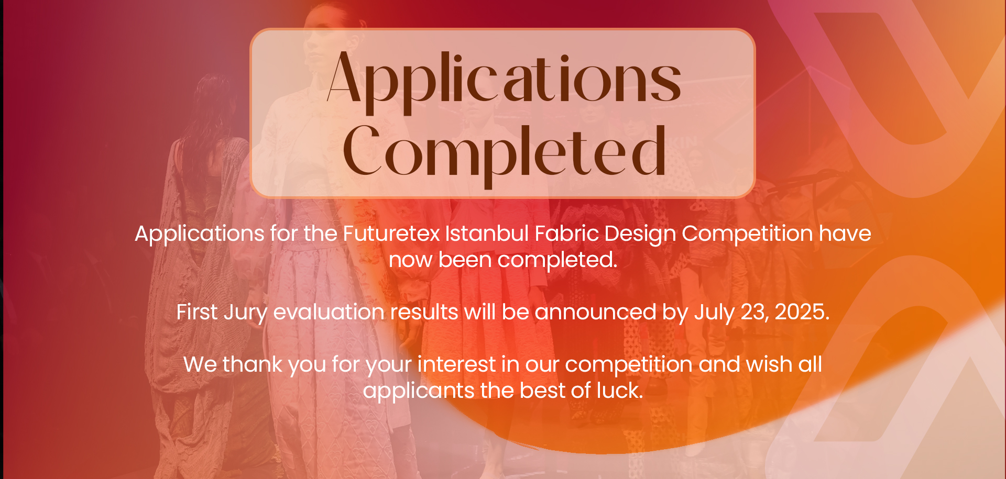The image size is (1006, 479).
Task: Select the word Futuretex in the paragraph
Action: point(391,233)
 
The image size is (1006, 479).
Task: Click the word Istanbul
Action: point(487,233)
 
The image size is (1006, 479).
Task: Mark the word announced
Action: point(595,312)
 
